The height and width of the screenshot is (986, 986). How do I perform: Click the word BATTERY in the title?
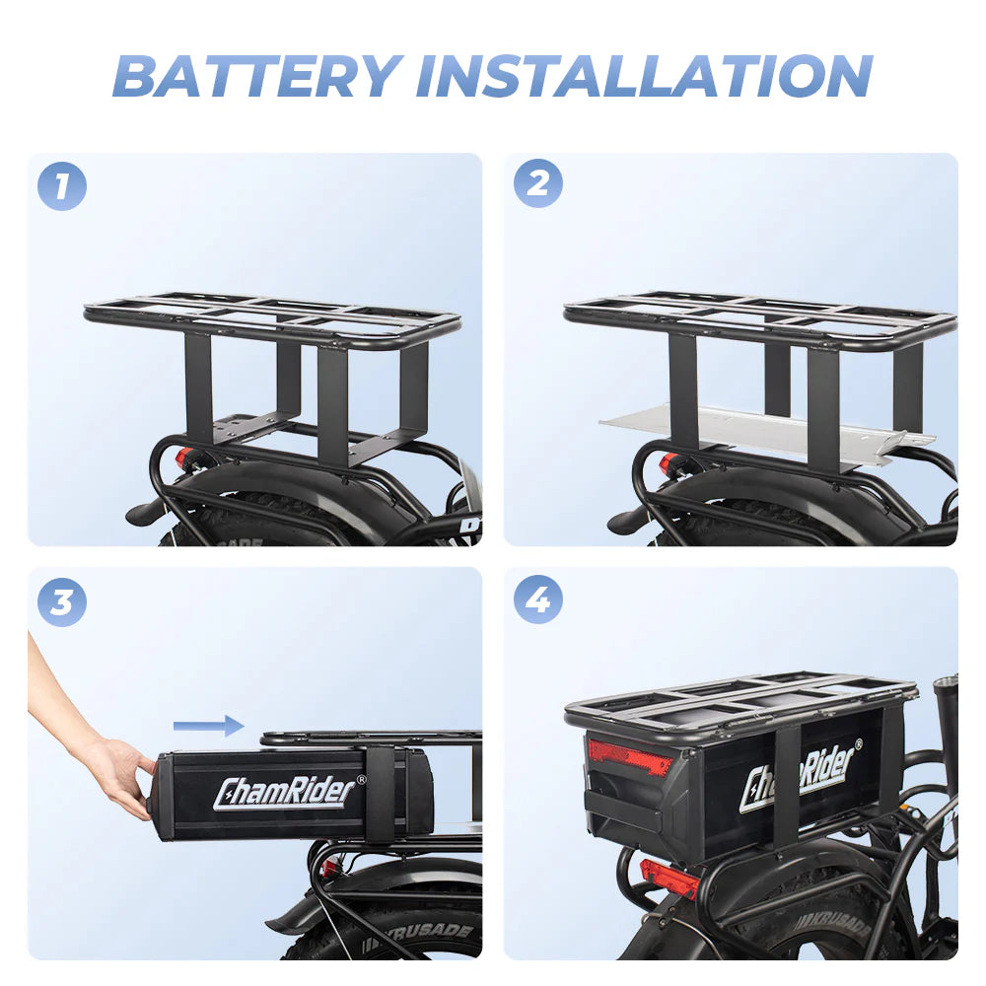(258, 75)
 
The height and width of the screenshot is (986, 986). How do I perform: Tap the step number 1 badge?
(62, 186)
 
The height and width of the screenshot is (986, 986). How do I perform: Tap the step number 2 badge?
(538, 183)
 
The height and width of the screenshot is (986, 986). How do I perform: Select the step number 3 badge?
(62, 600)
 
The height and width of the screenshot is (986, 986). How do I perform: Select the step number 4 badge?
(538, 599)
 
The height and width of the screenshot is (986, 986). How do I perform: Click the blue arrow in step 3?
(208, 727)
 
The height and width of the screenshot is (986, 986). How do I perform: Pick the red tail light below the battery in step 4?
(669, 877)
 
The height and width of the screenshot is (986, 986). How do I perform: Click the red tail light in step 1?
(185, 458)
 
